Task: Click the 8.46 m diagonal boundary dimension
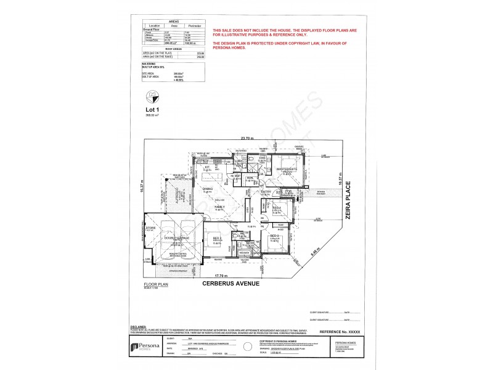314,250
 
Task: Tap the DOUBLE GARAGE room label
176,237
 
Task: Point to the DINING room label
208,189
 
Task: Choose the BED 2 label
217,237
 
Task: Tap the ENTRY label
266,192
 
